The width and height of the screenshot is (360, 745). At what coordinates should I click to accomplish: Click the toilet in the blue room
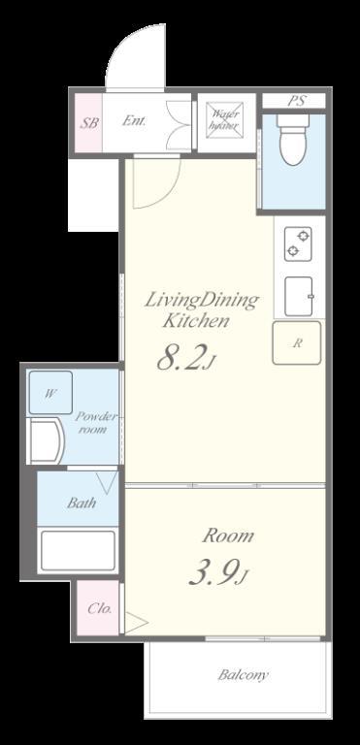point(292,140)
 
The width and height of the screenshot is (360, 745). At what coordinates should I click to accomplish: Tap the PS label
point(296,101)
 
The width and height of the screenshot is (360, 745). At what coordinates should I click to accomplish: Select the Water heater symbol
point(224,120)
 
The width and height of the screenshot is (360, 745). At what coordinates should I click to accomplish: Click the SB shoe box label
point(89,123)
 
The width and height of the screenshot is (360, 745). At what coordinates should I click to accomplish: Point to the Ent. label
point(134,120)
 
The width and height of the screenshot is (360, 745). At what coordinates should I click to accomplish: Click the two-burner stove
point(298,243)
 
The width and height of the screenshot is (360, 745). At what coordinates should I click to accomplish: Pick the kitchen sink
point(299,297)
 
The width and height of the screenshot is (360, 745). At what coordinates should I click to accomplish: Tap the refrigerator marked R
point(296,343)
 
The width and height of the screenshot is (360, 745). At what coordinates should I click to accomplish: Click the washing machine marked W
point(50,393)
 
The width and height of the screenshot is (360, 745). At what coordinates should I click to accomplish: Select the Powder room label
point(96,422)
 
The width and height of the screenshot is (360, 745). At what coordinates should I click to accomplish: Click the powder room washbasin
point(47,441)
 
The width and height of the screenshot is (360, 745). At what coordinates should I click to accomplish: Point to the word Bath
point(82,502)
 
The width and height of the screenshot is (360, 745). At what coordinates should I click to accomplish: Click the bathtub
point(78,550)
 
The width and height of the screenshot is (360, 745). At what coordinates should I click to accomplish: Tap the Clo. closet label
point(100,608)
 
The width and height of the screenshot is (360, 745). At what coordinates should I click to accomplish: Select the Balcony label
point(243,675)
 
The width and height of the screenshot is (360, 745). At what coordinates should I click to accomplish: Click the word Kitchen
point(196,321)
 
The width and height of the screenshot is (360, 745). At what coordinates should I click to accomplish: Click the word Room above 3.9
point(228,535)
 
